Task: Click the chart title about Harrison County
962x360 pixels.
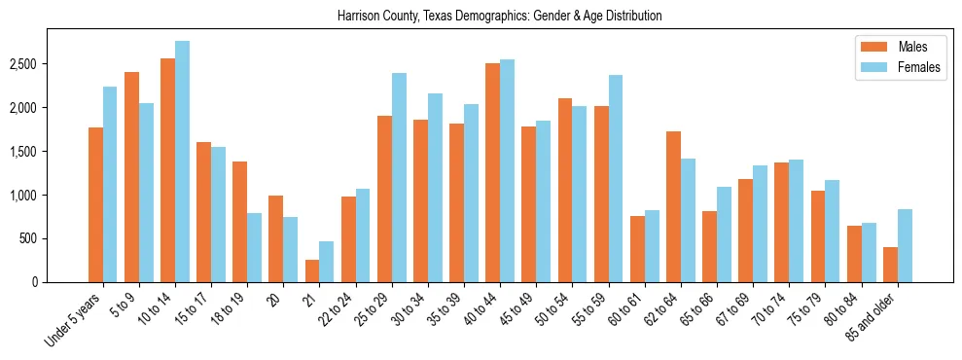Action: [499, 16]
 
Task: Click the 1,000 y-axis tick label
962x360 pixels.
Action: [25, 196]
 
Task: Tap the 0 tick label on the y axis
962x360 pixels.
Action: [35, 282]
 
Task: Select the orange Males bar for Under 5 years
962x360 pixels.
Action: [95, 204]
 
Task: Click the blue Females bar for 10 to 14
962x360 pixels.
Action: [182, 162]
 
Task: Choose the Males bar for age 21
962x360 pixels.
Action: [311, 270]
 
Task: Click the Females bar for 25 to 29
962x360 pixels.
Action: [399, 177]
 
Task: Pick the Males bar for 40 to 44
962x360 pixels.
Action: [493, 172]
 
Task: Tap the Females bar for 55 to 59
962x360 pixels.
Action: [616, 178]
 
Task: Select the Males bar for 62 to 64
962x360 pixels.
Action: [673, 206]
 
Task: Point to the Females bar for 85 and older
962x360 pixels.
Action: [905, 245]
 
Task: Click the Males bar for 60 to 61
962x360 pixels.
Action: [637, 249]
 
